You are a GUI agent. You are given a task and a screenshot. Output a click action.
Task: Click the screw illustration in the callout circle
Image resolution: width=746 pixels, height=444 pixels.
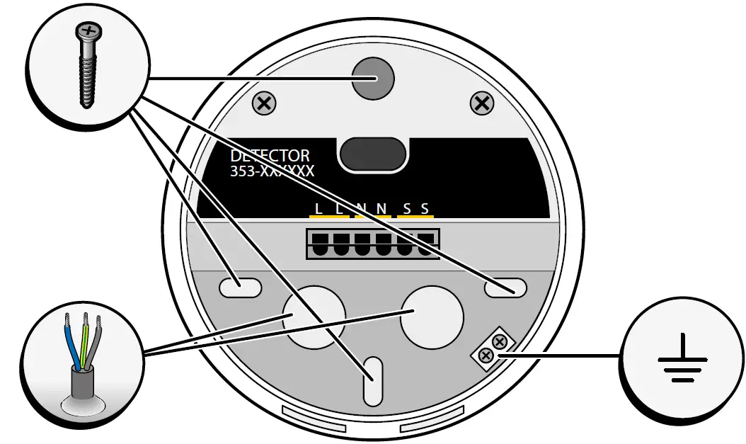point(87,64)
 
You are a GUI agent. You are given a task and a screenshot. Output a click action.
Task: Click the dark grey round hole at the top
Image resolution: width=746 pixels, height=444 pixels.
point(373,78)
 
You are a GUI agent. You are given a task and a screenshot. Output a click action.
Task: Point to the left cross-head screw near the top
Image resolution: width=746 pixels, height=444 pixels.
point(264,104)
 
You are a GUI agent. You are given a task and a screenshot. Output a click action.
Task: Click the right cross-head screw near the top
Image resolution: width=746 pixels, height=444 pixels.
point(482,103)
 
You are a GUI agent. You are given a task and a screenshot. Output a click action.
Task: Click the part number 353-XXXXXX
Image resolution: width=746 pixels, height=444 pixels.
point(272,171)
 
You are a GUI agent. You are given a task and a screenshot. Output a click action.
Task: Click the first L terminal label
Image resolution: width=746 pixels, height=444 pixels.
point(319,209)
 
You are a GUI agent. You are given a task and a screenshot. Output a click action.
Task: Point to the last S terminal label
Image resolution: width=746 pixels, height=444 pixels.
point(425,209)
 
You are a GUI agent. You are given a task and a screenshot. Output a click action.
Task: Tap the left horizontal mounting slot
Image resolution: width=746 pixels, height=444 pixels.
point(240,287)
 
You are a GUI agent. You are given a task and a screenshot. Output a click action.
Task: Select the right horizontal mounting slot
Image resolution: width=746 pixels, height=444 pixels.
point(505,287)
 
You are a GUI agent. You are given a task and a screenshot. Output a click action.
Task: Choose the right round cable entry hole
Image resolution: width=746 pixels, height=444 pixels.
point(432,316)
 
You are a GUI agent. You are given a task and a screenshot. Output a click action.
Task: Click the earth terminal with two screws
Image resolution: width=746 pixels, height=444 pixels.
point(493,347)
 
